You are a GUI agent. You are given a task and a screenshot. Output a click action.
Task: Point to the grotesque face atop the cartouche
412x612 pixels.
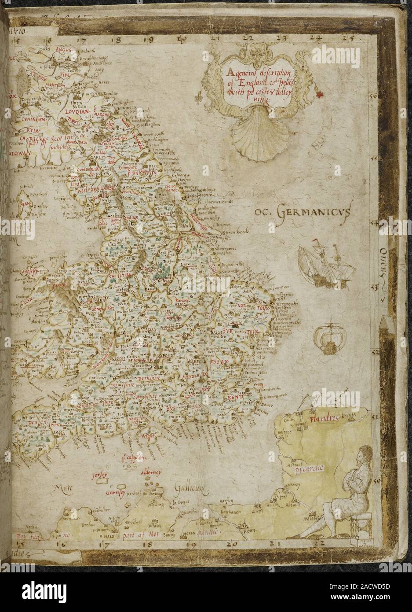pos(250,52)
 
